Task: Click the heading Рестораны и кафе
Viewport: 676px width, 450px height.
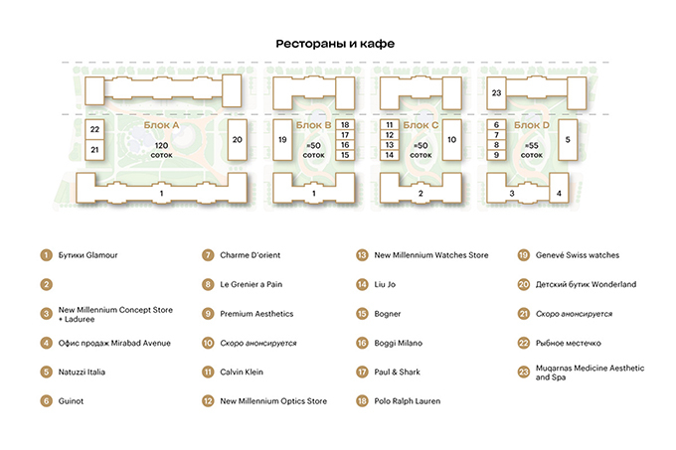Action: click(335, 44)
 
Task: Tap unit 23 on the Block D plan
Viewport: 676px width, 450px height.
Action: click(496, 92)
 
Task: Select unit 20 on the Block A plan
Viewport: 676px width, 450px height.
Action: click(238, 139)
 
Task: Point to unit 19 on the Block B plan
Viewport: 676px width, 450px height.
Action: click(282, 139)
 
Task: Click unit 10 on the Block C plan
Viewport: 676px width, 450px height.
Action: click(451, 139)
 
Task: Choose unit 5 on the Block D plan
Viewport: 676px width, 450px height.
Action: click(568, 139)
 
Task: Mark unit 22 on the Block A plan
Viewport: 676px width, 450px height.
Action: click(94, 129)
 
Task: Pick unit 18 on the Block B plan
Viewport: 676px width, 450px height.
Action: click(345, 124)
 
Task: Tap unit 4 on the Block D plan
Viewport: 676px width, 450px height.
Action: click(559, 194)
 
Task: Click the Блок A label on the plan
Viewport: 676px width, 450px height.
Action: click(161, 125)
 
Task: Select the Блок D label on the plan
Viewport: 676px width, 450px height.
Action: click(532, 125)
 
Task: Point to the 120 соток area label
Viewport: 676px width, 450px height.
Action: click(161, 150)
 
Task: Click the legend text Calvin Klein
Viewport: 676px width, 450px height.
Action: click(242, 372)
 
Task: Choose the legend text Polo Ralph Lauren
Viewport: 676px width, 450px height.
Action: click(408, 401)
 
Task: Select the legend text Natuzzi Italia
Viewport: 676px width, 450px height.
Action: click(82, 372)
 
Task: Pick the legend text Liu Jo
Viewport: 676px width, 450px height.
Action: click(385, 284)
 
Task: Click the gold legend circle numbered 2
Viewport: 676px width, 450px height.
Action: click(46, 284)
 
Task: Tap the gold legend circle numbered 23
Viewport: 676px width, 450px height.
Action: click(523, 373)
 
